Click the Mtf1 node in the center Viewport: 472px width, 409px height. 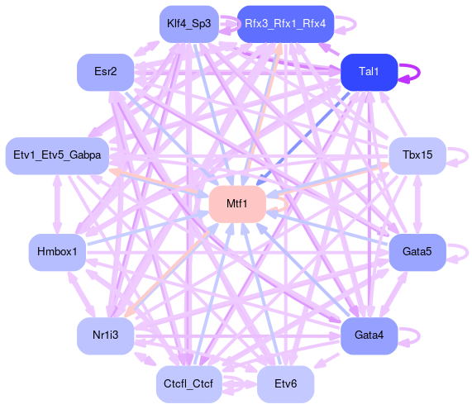[237, 204]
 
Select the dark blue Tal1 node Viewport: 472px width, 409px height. [369, 72]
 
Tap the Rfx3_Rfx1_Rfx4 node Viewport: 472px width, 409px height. [285, 24]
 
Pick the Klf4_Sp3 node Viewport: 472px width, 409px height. [189, 24]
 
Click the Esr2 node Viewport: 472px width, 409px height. [105, 72]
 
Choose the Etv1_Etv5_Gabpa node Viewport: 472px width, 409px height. [57, 155]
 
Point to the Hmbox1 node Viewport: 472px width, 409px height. [57, 252]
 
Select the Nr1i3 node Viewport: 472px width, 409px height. [105, 335]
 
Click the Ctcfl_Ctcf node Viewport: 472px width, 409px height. [189, 384]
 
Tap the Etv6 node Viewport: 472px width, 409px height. [285, 384]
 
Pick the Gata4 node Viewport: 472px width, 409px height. [369, 335]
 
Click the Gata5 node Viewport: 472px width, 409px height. [417, 252]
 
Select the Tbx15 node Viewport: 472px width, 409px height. [417, 155]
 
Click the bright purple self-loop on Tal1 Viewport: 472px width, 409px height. [419, 72]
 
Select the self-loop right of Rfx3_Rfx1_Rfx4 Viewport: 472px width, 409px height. [355, 24]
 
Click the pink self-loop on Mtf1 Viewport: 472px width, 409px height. [287, 204]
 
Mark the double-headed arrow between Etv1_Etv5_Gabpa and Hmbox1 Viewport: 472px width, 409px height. [57, 204]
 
